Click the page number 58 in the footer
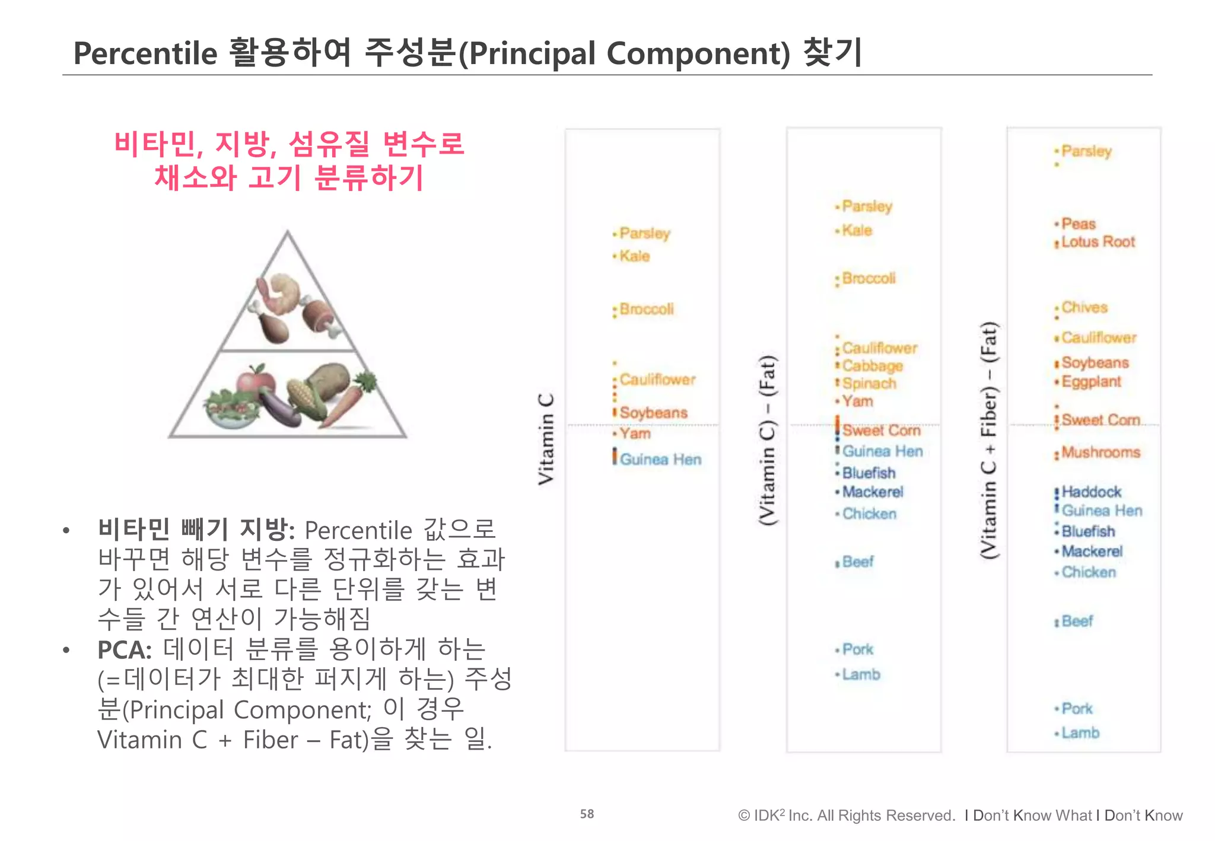coord(587,814)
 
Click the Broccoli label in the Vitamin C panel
coord(647,309)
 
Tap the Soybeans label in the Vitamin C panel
coord(653,413)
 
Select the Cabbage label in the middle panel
coord(872,366)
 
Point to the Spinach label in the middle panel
coord(869,384)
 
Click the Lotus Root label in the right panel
coord(1098,242)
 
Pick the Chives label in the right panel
coord(1084,307)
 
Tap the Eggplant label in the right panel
coord(1091,381)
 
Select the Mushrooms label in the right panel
coord(1101,453)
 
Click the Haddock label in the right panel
coord(1091,492)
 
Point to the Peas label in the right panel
coord(1079,224)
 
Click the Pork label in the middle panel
coord(858,649)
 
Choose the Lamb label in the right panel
coord(1080,733)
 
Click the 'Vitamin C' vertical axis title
coord(546,439)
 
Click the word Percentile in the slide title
coord(145,53)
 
